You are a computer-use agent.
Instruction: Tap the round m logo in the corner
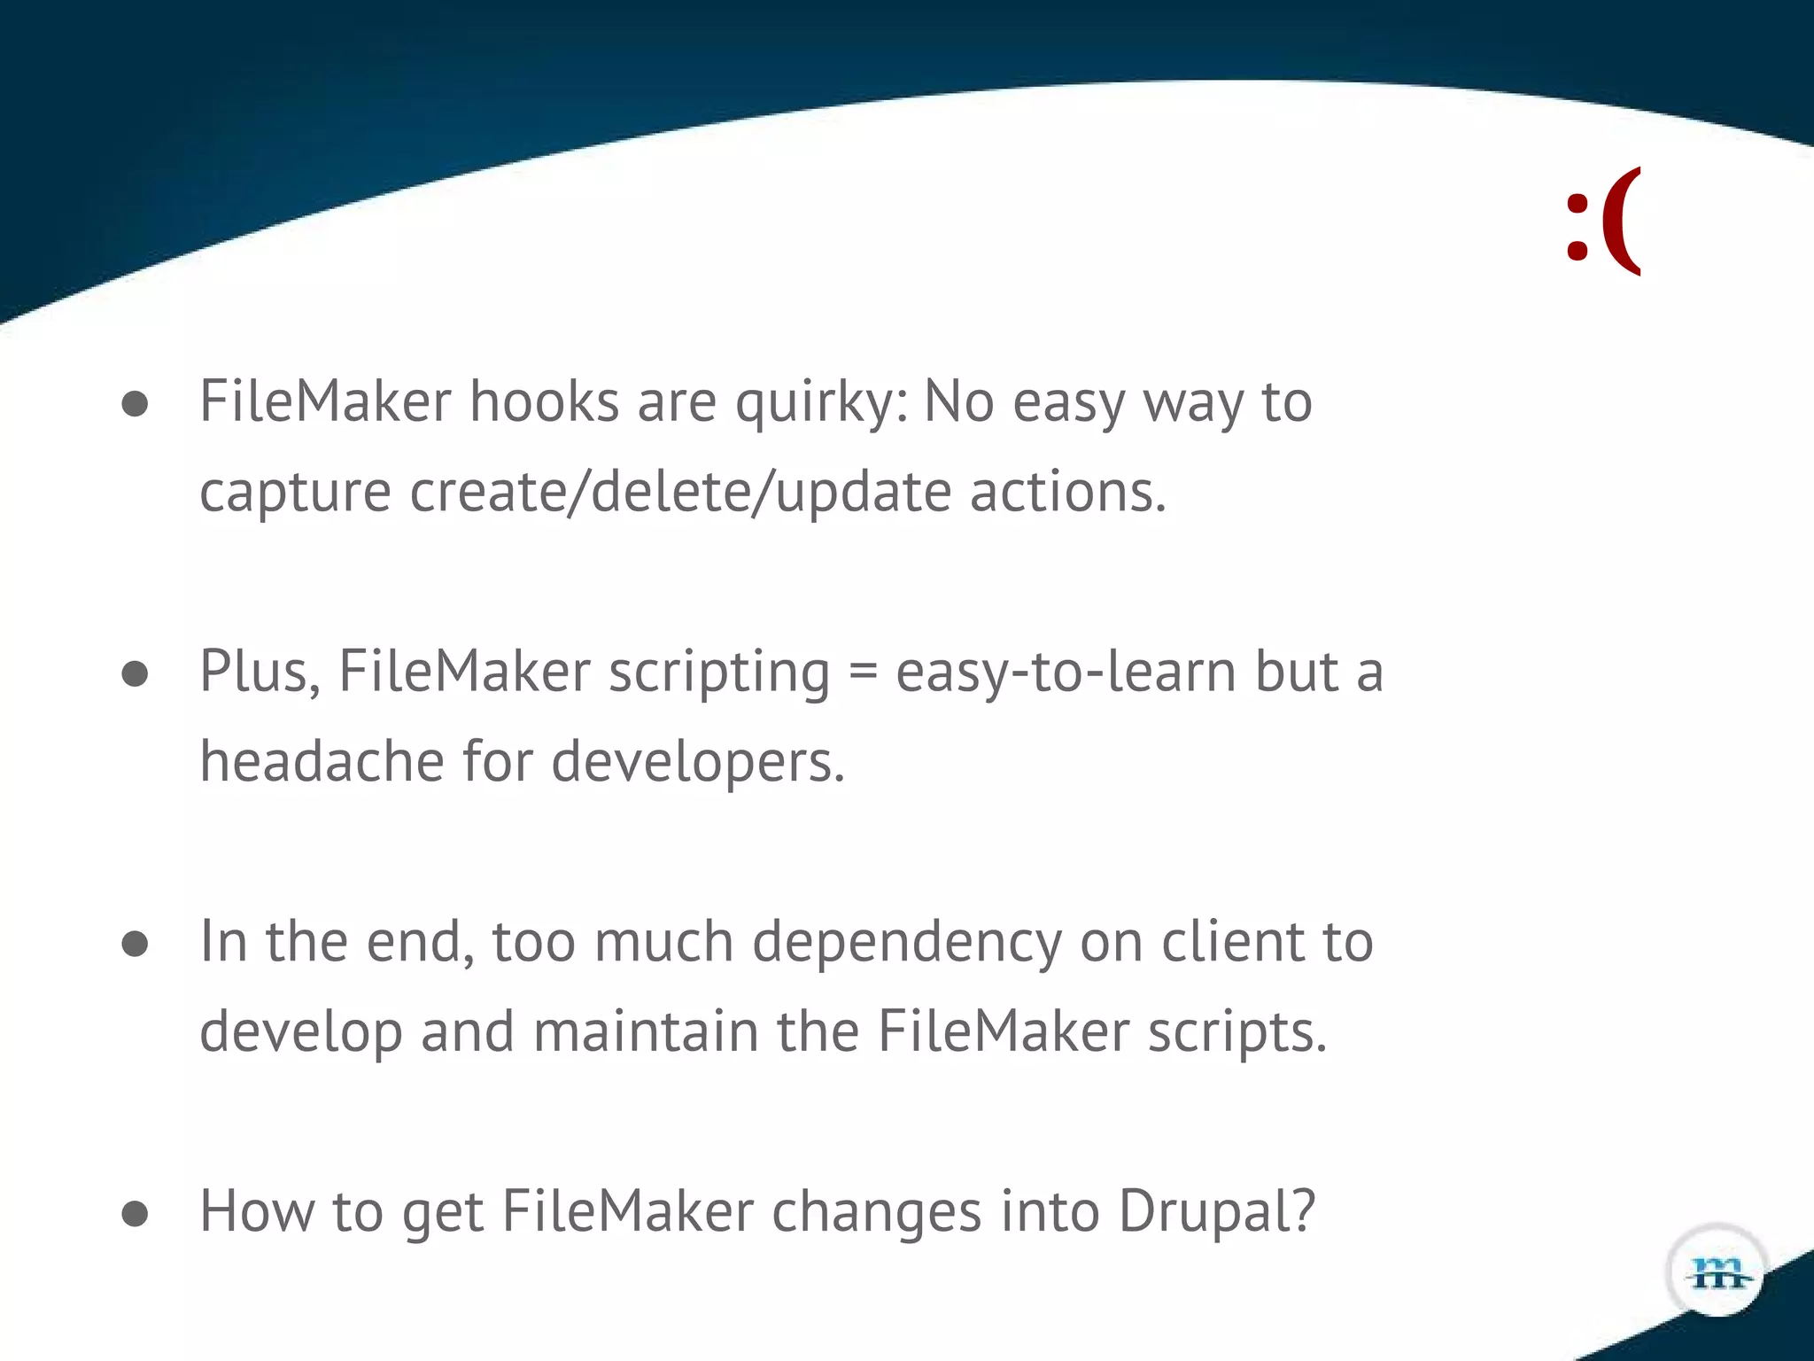[x=1717, y=1272]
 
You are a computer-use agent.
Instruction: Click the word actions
[x=1067, y=492]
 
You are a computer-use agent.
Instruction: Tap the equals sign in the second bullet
[x=863, y=672]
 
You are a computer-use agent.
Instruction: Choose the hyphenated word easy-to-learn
[x=1066, y=672]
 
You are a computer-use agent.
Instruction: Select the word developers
[x=698, y=763]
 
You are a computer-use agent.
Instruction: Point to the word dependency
[x=906, y=943]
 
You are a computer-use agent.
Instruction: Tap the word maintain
[x=646, y=1031]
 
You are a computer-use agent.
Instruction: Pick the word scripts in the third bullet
[x=1237, y=1033]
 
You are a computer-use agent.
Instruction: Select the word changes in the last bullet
[x=876, y=1212]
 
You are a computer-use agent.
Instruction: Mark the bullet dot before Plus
[x=135, y=674]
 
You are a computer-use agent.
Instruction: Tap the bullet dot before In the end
[x=135, y=944]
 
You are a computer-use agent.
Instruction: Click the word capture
[x=295, y=494]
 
